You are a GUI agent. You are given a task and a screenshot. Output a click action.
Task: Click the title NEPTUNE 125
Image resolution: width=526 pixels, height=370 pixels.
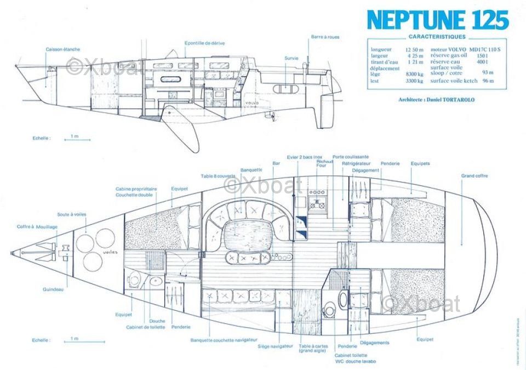coord(438,20)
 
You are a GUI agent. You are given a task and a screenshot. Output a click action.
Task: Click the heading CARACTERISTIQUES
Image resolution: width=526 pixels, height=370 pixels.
coord(437,37)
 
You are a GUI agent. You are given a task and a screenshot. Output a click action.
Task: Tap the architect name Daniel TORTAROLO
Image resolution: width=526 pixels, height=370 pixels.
coord(438,100)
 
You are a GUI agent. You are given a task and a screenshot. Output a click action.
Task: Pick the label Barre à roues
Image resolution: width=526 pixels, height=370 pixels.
coord(325,37)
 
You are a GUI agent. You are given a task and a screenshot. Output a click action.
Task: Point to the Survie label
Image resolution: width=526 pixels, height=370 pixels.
coord(291,58)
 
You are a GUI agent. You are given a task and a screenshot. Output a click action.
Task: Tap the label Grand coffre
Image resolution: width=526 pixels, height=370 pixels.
coord(474,176)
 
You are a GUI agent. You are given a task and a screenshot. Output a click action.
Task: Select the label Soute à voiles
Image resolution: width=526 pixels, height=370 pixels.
coord(71,214)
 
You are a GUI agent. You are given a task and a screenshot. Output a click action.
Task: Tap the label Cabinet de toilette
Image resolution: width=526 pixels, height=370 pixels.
coord(145,327)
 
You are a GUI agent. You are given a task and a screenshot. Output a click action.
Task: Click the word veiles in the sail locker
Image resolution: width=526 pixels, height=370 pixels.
coord(110,253)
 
